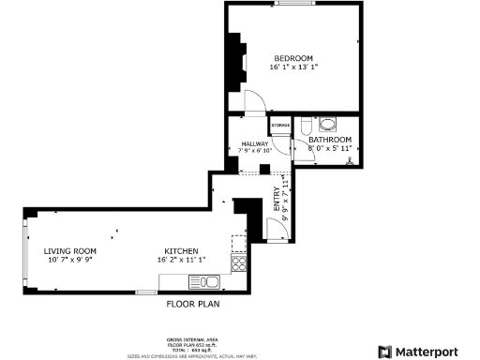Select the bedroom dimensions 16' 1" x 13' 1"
tap(293, 67)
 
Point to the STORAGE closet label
tap(279, 125)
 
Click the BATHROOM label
tap(330, 140)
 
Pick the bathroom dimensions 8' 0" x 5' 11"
tap(330, 148)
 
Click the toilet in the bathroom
tap(327, 123)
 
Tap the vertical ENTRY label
tap(277, 200)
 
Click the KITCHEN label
tap(180, 251)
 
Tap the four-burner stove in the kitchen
tap(238, 263)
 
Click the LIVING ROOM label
tap(69, 251)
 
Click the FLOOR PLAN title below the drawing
tap(193, 304)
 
